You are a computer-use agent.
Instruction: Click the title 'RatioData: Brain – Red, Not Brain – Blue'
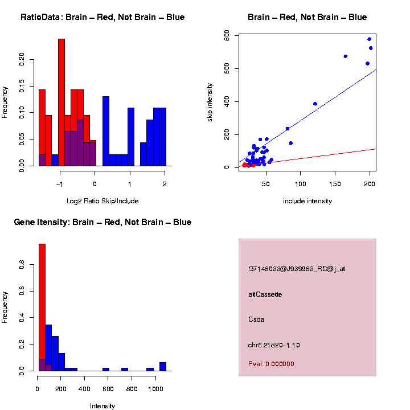coord(102,17)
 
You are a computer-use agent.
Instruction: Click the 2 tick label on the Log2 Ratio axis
coord(165,184)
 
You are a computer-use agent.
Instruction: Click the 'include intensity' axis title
coord(307,201)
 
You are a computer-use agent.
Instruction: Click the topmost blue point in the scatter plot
coord(370,39)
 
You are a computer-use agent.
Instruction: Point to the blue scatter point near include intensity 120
coord(315,104)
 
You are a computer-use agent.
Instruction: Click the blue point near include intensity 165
coord(346,56)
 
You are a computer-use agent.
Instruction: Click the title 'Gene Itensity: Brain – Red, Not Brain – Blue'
coord(102,222)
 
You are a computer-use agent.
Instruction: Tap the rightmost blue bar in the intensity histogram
coord(163,366)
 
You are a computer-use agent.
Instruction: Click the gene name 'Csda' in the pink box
coord(256,319)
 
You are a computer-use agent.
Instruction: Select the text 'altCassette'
coord(265,294)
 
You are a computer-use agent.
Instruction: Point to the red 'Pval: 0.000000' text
coord(271,363)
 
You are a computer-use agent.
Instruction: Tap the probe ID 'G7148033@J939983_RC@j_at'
coord(297,269)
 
